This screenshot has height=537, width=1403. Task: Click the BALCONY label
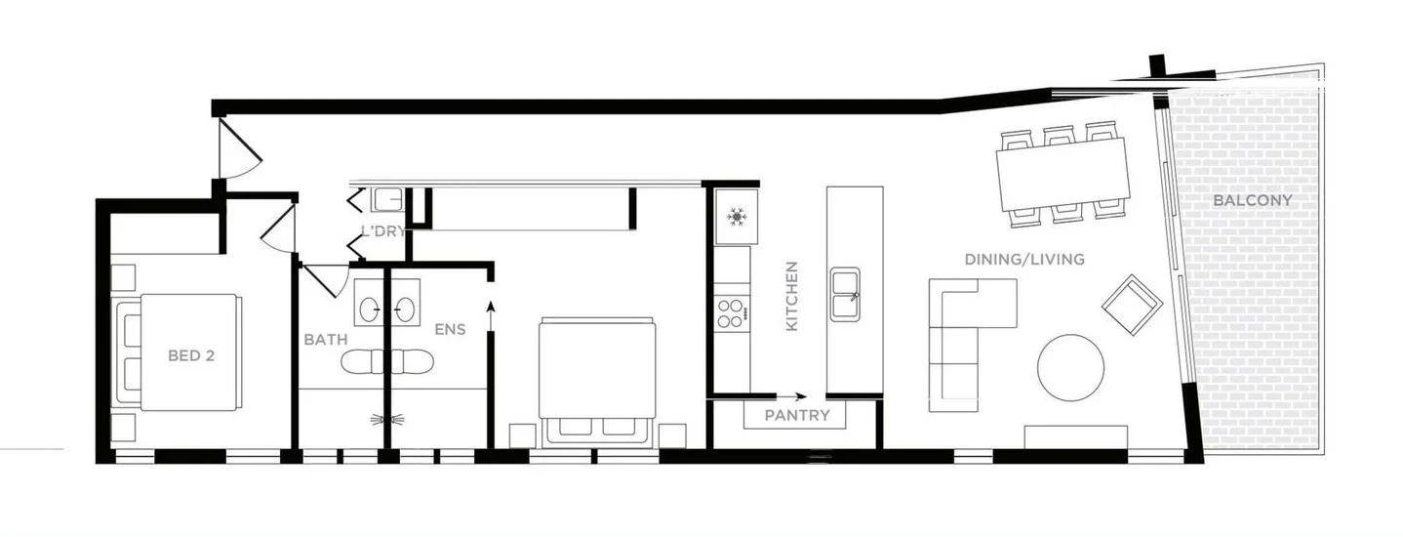coord(1253,200)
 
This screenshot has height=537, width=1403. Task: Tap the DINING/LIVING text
coord(1023,260)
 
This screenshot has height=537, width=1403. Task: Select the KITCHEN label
coord(791,295)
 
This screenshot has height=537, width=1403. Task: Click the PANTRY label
coord(797,415)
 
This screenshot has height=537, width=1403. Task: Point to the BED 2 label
coord(190,355)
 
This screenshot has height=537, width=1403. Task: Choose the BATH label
coord(325,340)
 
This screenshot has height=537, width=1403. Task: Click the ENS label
coord(450,329)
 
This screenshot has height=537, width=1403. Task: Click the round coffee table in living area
coord(1070,367)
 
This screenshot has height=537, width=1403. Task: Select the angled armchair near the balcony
coord(1132,304)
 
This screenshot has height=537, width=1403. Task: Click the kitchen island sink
coord(845,293)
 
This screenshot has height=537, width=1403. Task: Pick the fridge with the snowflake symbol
coord(735,215)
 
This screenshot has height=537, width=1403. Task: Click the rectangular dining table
coord(1062,174)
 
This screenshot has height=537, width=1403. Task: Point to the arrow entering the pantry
coord(791,396)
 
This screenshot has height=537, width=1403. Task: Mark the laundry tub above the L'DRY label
coord(387,200)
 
